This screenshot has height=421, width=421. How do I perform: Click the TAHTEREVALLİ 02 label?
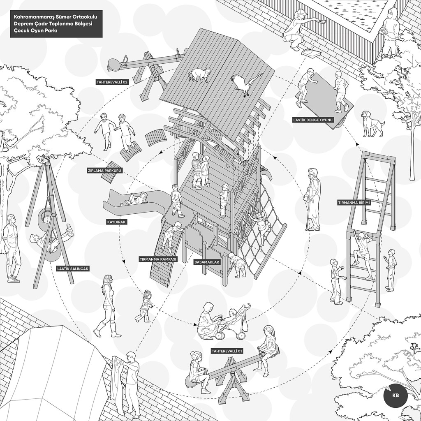click(112, 82)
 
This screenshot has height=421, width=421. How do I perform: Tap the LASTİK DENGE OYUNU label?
click(313, 120)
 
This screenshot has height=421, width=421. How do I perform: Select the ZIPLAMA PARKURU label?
click(105, 171)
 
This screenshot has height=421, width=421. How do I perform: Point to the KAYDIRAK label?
click(116, 222)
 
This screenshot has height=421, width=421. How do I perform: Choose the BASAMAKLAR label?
click(207, 262)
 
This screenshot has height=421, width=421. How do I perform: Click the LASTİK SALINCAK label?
click(73, 268)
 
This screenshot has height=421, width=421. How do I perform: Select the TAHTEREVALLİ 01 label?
click(227, 351)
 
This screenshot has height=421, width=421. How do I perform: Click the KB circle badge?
click(395, 396)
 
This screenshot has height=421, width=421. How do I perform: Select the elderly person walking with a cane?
click(313, 199)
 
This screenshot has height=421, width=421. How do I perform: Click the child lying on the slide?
click(135, 199)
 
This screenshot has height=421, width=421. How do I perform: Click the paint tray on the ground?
click(311, 52)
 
